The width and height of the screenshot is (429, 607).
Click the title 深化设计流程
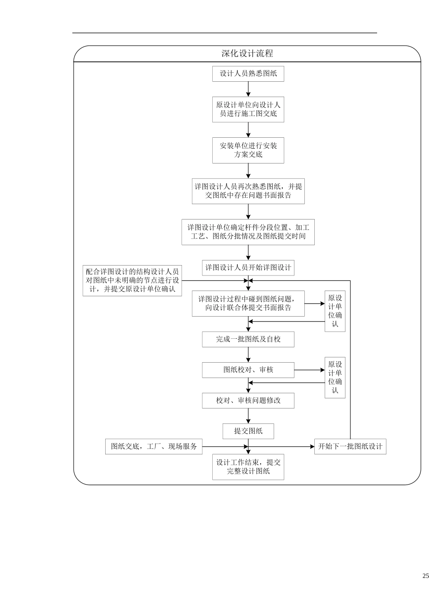(x=247, y=53)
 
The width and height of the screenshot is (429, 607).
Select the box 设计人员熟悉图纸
(x=248, y=74)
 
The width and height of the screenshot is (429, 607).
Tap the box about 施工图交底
(x=248, y=109)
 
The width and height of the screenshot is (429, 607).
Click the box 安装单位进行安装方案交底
(x=248, y=150)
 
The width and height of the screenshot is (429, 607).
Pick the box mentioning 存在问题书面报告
(x=248, y=191)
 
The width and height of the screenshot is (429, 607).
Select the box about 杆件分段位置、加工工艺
(x=248, y=232)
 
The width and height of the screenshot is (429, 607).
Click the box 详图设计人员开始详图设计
(x=248, y=267)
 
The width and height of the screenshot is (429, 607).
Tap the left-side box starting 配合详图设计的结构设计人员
(x=132, y=280)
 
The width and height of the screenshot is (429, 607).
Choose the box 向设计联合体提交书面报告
(x=248, y=303)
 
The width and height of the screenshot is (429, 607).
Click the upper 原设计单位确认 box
(x=335, y=311)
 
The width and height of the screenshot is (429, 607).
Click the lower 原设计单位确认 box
(x=335, y=377)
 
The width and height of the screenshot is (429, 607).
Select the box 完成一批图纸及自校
(x=248, y=339)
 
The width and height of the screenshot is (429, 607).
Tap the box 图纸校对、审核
(x=248, y=370)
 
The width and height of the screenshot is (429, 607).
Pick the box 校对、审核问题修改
(x=248, y=401)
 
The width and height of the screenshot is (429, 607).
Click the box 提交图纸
(x=248, y=431)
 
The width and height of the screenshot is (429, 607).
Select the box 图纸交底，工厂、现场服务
(x=154, y=446)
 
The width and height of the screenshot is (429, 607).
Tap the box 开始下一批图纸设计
(x=350, y=446)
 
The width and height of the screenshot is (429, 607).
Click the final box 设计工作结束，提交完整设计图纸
(x=248, y=467)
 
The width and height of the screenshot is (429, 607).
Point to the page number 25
(x=425, y=575)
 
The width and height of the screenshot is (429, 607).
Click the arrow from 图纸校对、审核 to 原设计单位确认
(x=309, y=370)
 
